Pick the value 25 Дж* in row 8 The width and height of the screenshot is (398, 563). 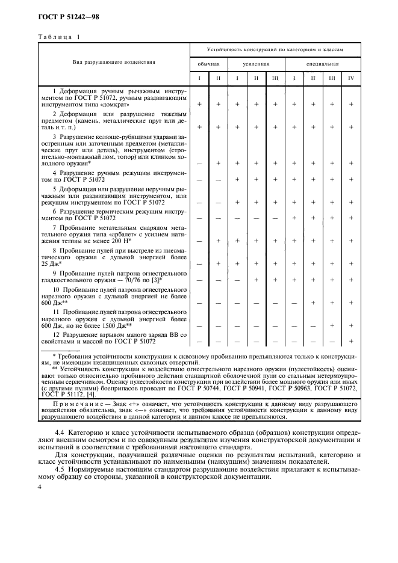point(52,264)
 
